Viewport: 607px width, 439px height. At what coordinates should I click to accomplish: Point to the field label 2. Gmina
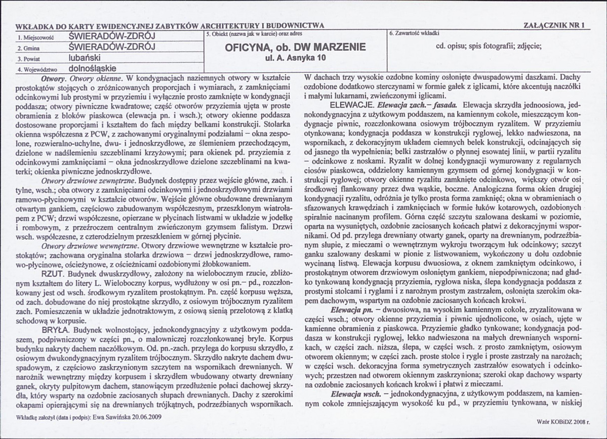tap(29, 49)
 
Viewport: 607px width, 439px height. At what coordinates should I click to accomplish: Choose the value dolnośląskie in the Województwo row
tap(93, 68)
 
